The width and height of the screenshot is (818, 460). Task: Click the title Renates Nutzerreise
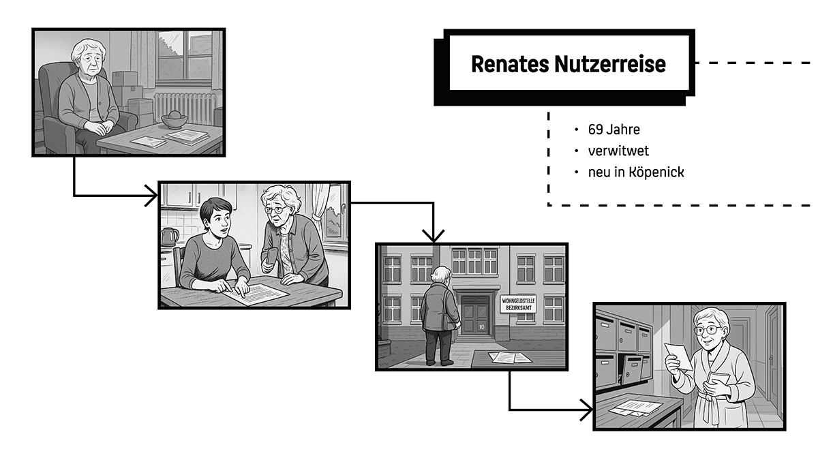tap(568, 65)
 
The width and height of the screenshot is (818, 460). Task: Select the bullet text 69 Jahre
tap(613, 129)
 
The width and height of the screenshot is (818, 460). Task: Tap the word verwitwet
tap(618, 151)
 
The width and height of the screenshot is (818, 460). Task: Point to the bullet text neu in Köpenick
tap(635, 172)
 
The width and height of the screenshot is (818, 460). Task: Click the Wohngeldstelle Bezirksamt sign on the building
tap(518, 304)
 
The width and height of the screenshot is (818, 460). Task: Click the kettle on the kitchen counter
tap(169, 236)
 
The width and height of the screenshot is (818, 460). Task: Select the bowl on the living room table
tap(175, 120)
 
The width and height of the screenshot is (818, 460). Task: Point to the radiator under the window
tap(184, 107)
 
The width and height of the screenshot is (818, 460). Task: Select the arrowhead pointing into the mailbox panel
tap(587, 410)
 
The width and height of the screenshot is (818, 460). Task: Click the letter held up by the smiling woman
tap(678, 356)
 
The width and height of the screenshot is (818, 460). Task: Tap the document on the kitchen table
tap(256, 294)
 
